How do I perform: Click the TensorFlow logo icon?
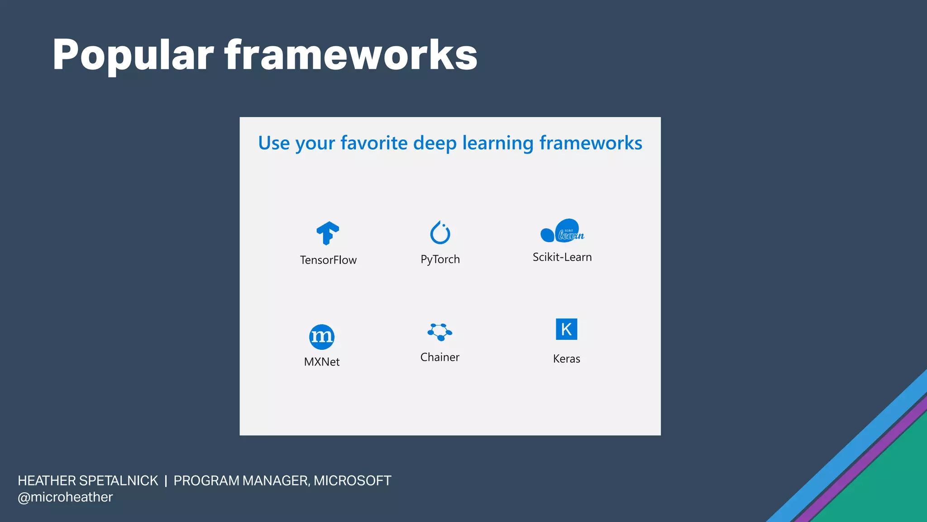point(328,233)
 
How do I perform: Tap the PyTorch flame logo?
point(440,232)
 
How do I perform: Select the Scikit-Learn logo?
point(562,231)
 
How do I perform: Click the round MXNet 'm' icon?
point(322,337)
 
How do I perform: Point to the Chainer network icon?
point(440,332)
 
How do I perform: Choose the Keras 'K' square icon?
point(566,329)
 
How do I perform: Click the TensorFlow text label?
point(328,260)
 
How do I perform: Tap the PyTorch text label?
point(440,259)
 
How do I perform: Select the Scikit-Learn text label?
point(562,257)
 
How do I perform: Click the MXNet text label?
point(322,362)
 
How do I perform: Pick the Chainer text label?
point(440,357)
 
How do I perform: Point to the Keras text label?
point(566,359)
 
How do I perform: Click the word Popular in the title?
point(133,55)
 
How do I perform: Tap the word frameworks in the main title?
point(351,55)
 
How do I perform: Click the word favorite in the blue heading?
point(374,143)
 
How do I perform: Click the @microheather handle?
point(65,497)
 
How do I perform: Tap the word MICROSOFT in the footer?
point(352,481)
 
